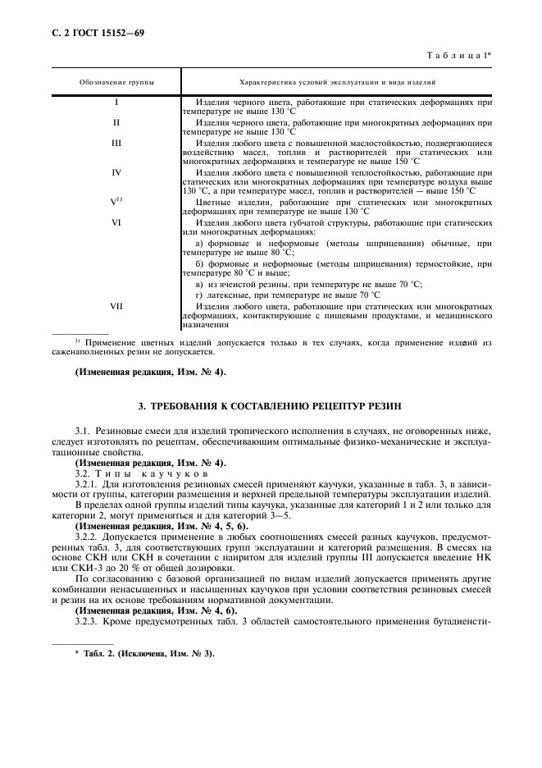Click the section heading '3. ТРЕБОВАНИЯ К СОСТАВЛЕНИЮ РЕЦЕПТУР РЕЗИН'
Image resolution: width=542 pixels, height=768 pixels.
(x=271, y=406)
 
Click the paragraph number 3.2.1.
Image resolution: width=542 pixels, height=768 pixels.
(x=86, y=485)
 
